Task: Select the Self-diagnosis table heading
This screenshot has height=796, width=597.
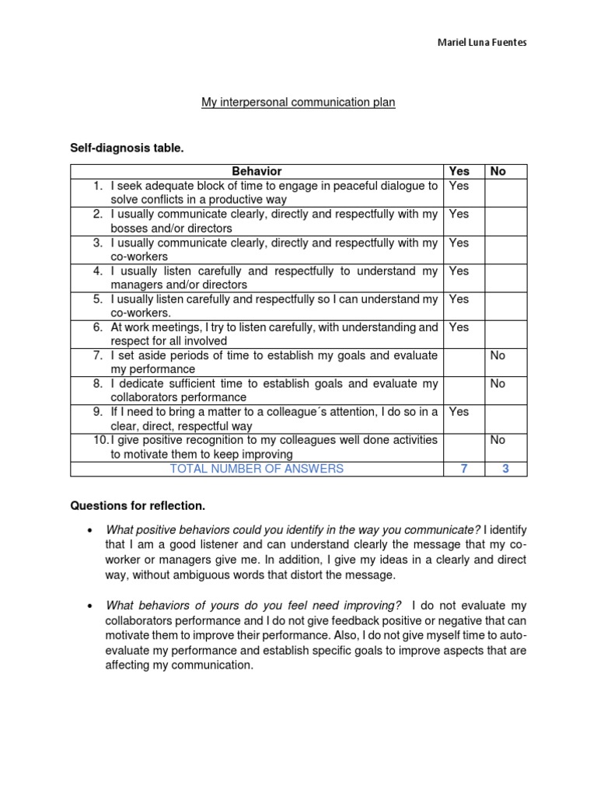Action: coord(127,148)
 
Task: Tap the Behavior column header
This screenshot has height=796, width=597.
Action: coord(257,171)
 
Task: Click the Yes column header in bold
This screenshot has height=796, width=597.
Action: coord(459,171)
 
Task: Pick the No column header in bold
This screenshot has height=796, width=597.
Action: coord(497,171)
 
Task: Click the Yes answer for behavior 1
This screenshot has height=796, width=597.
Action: coord(459,186)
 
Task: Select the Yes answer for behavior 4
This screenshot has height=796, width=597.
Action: coord(459,271)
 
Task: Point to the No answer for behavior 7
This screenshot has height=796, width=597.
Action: coord(497,355)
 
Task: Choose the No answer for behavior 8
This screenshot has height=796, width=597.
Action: coord(497,383)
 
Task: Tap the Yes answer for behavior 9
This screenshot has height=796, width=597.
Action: coord(459,411)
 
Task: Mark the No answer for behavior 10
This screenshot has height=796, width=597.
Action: coord(497,440)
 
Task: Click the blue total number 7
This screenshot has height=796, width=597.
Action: coord(463,468)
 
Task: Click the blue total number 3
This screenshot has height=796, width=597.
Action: coord(504,468)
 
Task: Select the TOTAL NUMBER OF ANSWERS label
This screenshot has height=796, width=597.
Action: coord(257,468)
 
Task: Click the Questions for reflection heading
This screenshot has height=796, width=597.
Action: coord(138,506)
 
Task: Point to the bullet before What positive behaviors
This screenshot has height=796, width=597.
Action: coord(89,530)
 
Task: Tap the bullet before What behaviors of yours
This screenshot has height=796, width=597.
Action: coord(89,606)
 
